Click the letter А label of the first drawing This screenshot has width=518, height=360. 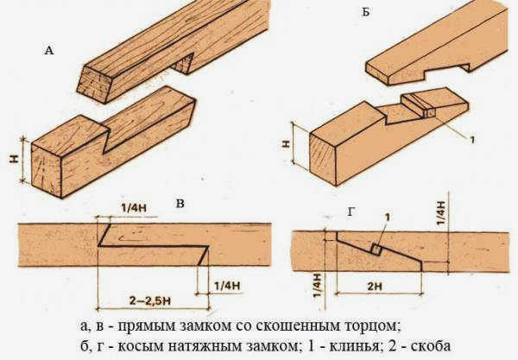[x=49, y=51]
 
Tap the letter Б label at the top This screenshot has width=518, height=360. [x=366, y=12]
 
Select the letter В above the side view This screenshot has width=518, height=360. [x=180, y=203]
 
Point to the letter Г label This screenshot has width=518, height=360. [x=351, y=212]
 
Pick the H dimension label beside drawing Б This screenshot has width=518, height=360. [x=287, y=143]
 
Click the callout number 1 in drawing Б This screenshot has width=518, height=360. [x=472, y=140]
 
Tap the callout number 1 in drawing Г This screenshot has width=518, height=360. [x=388, y=217]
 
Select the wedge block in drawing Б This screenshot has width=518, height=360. [x=418, y=105]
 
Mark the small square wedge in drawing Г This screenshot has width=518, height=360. [x=376, y=249]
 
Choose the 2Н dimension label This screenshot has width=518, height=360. [x=375, y=286]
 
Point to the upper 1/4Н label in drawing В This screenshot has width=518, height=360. [x=134, y=208]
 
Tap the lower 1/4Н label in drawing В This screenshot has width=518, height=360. [x=227, y=286]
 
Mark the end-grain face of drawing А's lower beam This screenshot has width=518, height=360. [x=47, y=171]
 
